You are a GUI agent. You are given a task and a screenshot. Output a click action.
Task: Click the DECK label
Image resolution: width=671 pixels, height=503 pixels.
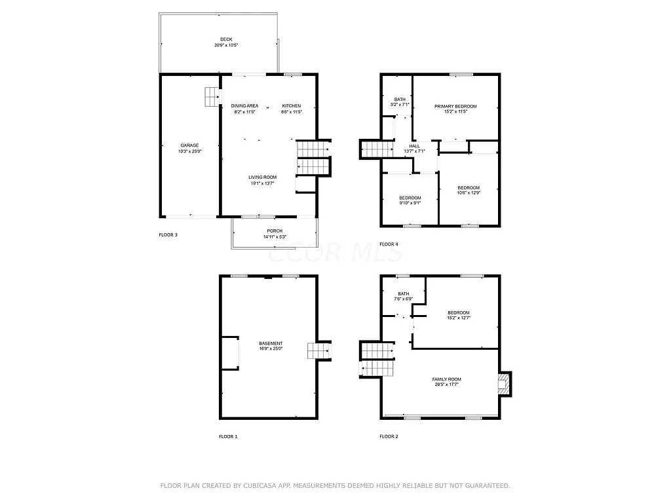(x=226, y=39)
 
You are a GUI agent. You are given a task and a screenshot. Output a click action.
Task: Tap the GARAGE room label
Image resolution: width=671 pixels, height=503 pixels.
(x=190, y=145)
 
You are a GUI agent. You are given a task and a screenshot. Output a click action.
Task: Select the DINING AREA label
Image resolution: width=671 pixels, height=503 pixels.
(x=244, y=106)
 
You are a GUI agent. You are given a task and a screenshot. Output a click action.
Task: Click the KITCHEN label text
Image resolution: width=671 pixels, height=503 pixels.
(x=292, y=106)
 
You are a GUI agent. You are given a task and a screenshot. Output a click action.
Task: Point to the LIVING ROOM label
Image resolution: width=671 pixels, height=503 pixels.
(x=262, y=177)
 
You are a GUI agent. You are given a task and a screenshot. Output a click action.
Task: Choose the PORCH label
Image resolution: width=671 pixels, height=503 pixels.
(x=275, y=231)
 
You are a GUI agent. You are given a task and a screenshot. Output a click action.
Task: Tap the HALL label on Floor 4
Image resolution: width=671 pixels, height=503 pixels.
(x=414, y=146)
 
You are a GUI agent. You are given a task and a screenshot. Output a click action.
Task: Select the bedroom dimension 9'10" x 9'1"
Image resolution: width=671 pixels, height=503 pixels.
(x=410, y=203)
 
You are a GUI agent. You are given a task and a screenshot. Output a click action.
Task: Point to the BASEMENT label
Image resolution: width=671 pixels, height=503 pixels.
(x=271, y=344)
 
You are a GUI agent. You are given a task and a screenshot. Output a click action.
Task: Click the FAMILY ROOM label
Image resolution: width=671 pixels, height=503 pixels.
(x=446, y=379)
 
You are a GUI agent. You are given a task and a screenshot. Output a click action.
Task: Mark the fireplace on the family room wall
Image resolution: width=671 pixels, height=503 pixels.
(x=504, y=383)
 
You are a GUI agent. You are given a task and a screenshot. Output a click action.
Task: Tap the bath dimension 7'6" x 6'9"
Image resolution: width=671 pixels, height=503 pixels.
(x=403, y=299)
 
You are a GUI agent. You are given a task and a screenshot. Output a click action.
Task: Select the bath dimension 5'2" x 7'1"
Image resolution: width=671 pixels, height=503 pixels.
(x=400, y=105)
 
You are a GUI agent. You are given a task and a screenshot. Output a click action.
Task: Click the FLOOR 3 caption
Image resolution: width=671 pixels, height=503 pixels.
(x=168, y=234)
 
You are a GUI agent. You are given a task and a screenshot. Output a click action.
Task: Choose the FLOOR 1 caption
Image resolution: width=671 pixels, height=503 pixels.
(x=228, y=436)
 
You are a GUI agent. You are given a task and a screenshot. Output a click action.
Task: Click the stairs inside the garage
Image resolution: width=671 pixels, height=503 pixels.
(x=211, y=97)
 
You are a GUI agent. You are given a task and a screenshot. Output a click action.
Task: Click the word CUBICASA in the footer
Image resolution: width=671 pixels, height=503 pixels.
(x=256, y=486)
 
